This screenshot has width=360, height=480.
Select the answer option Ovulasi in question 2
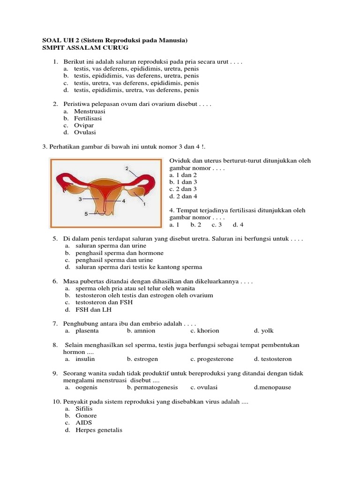[x=85, y=132]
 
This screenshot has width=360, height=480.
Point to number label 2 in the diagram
[x=127, y=168]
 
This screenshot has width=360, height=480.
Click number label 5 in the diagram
[x=86, y=214]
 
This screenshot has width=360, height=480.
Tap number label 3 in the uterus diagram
[x=80, y=199]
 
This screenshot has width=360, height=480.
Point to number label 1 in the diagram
[x=144, y=204]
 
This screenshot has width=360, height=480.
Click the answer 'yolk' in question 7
[x=267, y=330]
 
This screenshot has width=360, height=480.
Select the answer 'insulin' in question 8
[x=85, y=359]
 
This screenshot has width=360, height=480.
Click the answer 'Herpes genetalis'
[x=98, y=430]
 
